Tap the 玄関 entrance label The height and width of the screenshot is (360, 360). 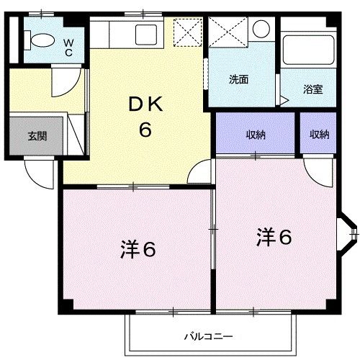click(x=37, y=135)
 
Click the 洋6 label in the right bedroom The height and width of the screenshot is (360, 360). click(x=274, y=236)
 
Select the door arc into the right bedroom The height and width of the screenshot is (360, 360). click(x=314, y=170)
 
